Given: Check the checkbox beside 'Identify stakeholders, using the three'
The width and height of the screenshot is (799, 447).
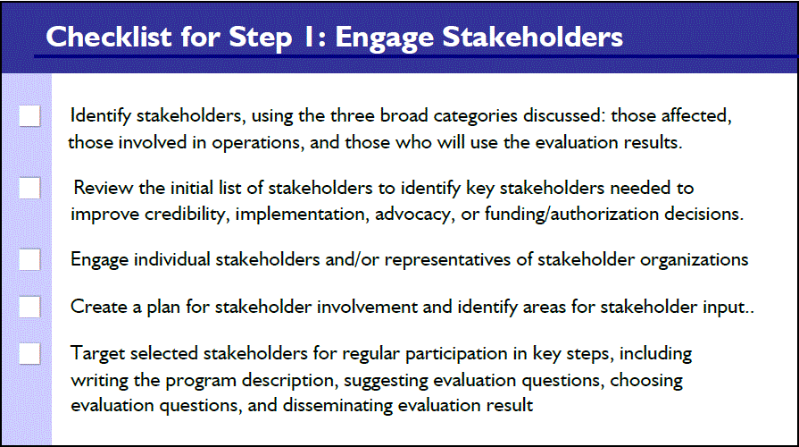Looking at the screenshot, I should point(29,116).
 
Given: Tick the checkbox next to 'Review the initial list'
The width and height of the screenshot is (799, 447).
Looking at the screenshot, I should point(29,188).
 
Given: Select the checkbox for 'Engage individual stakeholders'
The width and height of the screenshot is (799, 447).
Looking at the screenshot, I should point(29,259).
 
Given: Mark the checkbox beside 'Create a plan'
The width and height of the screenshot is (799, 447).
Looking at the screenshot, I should point(29,307).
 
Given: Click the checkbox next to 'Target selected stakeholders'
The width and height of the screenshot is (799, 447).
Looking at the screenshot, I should point(29,353).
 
